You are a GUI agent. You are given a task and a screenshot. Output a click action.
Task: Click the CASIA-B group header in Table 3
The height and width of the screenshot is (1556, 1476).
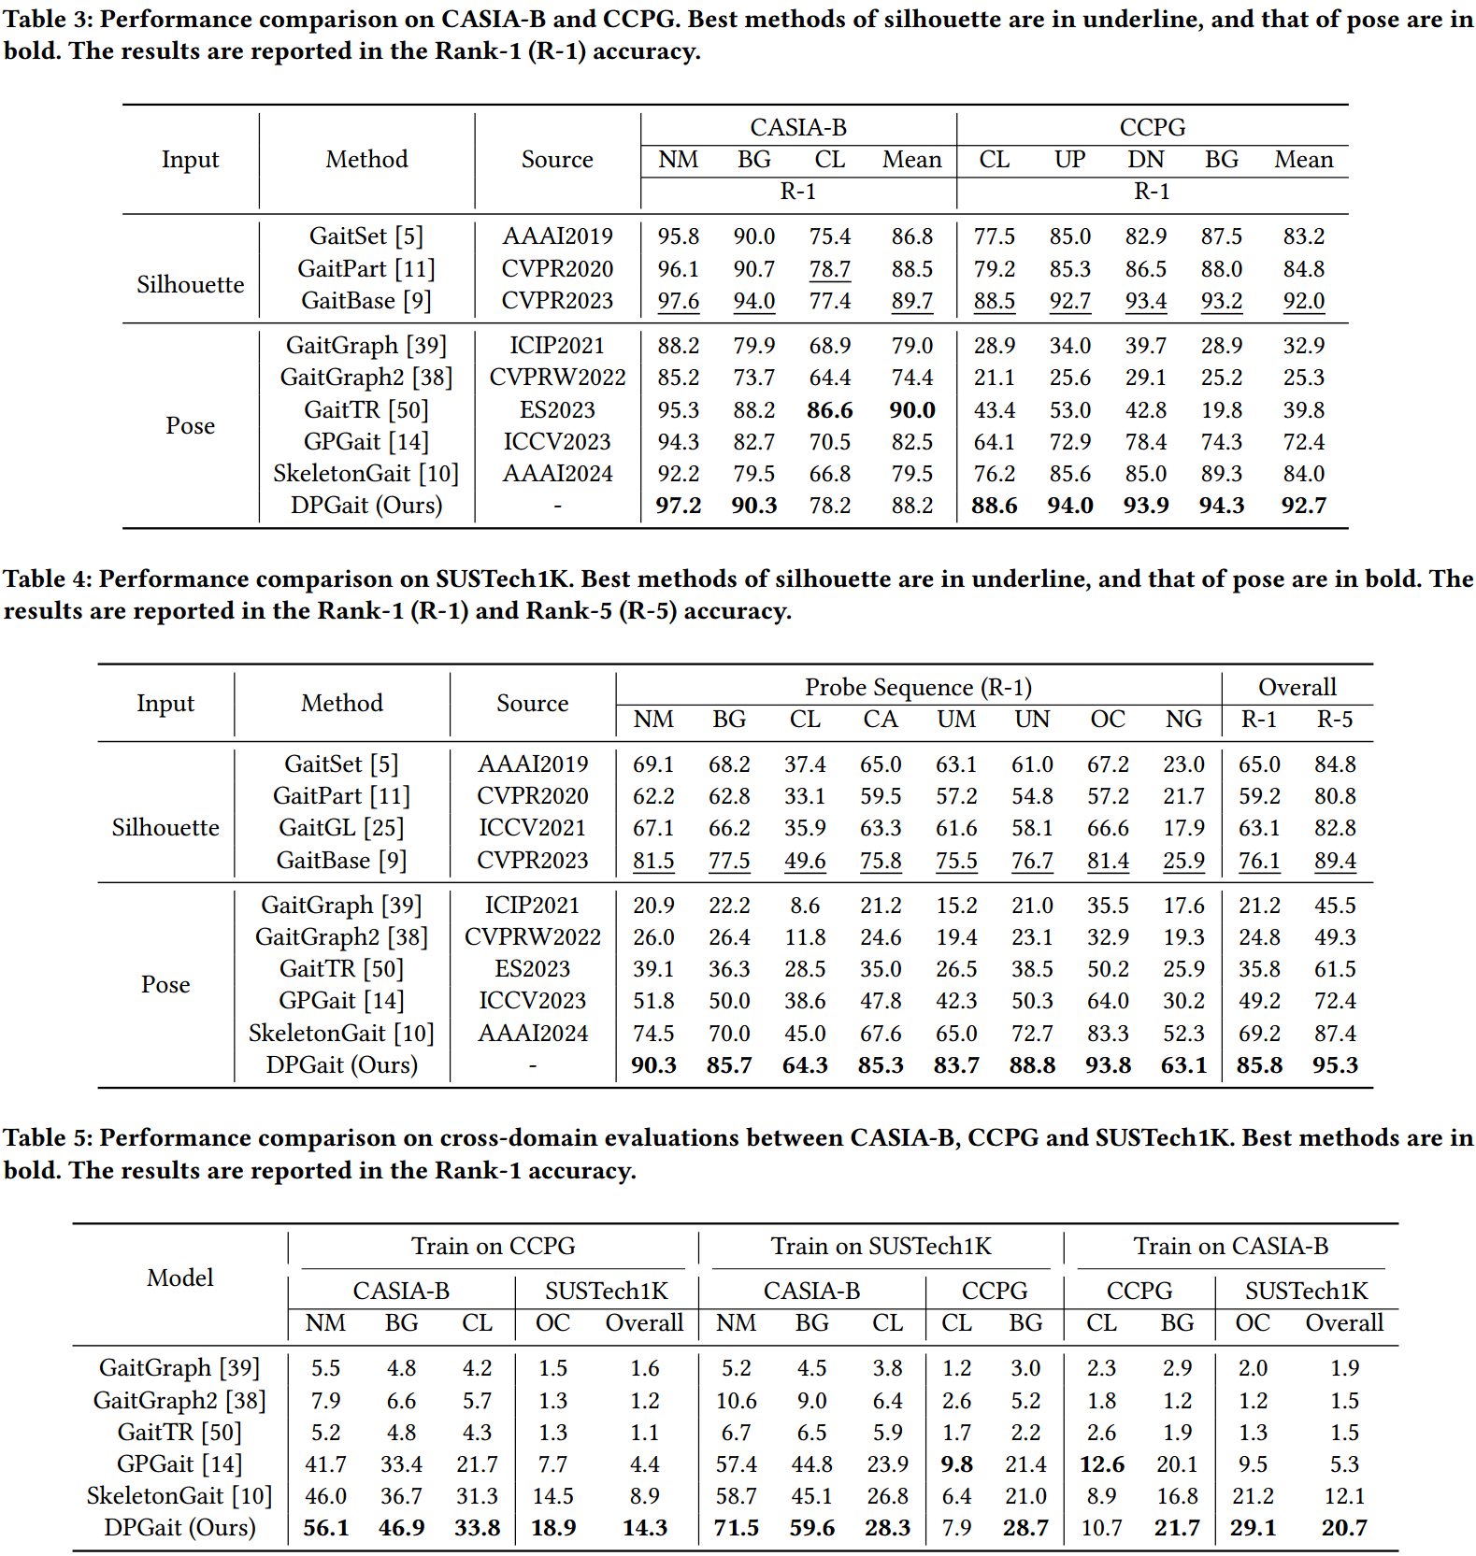click(x=797, y=127)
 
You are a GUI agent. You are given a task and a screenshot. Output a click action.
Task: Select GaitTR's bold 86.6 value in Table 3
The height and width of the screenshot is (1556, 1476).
click(x=830, y=410)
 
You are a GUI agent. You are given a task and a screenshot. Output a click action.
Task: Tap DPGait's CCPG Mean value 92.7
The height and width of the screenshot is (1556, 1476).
click(x=1303, y=506)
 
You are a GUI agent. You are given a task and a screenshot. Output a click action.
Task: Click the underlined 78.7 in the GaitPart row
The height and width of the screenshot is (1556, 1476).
click(x=830, y=269)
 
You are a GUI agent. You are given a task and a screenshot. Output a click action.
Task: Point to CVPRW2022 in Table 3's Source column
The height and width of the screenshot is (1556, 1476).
click(x=557, y=378)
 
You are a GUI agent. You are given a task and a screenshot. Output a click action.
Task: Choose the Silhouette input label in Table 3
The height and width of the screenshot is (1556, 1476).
click(x=190, y=284)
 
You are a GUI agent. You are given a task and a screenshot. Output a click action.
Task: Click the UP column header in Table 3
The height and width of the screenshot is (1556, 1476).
click(x=1069, y=160)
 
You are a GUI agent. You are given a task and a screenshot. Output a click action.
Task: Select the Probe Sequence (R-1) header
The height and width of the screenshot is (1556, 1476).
click(x=918, y=688)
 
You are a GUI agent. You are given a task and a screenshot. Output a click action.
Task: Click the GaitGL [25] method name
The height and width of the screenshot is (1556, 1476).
click(x=341, y=828)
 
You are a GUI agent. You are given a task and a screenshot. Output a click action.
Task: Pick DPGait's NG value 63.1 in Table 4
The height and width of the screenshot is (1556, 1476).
click(x=1183, y=1065)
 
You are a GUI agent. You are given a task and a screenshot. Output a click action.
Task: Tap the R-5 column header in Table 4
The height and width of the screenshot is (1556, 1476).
click(x=1334, y=720)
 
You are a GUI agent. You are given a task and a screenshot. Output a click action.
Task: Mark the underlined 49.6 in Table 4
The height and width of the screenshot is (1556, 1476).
click(x=805, y=861)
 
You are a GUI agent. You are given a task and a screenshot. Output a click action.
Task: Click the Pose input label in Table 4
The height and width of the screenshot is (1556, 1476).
click(x=165, y=985)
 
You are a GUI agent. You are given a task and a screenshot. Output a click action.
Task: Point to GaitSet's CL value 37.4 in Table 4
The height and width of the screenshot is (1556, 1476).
click(x=805, y=764)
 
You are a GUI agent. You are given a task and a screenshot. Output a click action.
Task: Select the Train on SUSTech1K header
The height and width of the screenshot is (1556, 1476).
click(x=881, y=1247)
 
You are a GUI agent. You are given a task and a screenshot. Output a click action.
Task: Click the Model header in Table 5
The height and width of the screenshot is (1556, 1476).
click(x=179, y=1278)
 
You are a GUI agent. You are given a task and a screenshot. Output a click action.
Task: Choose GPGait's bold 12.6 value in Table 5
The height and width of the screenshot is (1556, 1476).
click(x=1101, y=1464)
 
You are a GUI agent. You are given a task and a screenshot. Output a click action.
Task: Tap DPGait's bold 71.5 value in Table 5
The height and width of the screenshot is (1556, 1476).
click(x=736, y=1528)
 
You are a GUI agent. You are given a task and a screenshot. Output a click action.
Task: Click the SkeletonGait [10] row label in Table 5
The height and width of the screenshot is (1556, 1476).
click(x=179, y=1496)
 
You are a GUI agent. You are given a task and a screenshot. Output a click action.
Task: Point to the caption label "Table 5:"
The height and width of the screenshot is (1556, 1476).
click(x=48, y=1138)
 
